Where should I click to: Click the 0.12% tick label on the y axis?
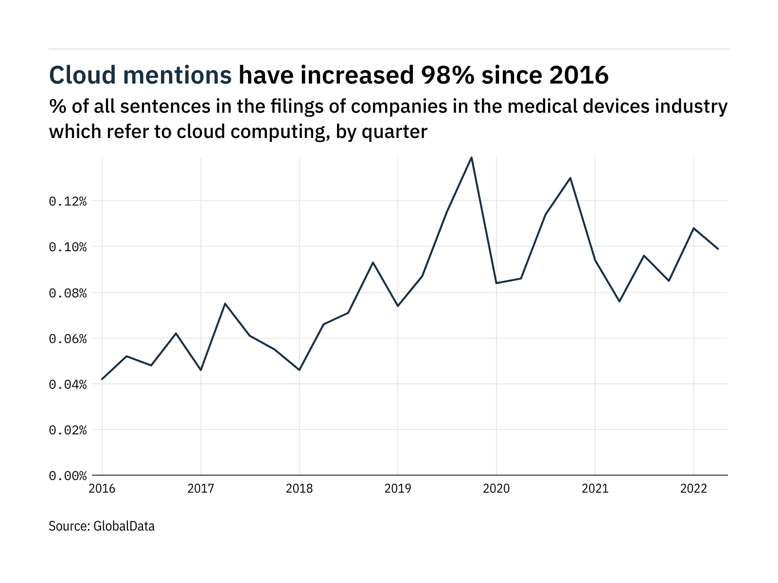[68, 201]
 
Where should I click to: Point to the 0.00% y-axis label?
[68, 476]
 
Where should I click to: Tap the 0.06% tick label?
[68, 339]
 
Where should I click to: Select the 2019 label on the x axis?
[398, 488]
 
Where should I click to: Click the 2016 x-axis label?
[102, 488]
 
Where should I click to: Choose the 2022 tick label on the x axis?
[693, 488]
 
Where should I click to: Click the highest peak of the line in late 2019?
[472, 157]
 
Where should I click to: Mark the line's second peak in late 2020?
[570, 178]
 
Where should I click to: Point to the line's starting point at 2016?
[102, 379]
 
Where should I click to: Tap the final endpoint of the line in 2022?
[718, 249]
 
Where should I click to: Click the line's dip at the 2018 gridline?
[300, 370]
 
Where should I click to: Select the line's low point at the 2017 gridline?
[201, 370]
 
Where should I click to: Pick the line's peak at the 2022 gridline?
[693, 228]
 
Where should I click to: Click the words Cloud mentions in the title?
[141, 75]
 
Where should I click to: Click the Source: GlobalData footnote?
[102, 526]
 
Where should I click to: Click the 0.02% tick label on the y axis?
[68, 430]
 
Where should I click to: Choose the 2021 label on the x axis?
[595, 488]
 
